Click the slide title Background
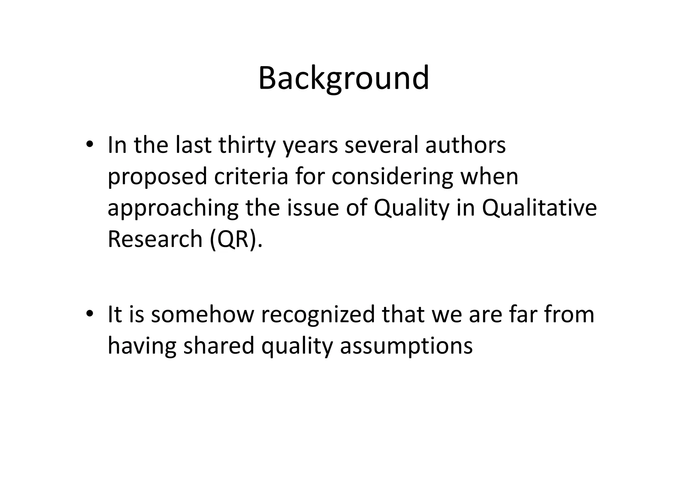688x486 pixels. click(x=343, y=78)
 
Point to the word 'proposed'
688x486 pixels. click(x=157, y=177)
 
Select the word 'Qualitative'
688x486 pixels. click(x=539, y=208)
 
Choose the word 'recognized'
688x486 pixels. click(x=317, y=315)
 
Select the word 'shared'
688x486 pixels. click(x=219, y=346)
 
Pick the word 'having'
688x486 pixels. click(x=142, y=346)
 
